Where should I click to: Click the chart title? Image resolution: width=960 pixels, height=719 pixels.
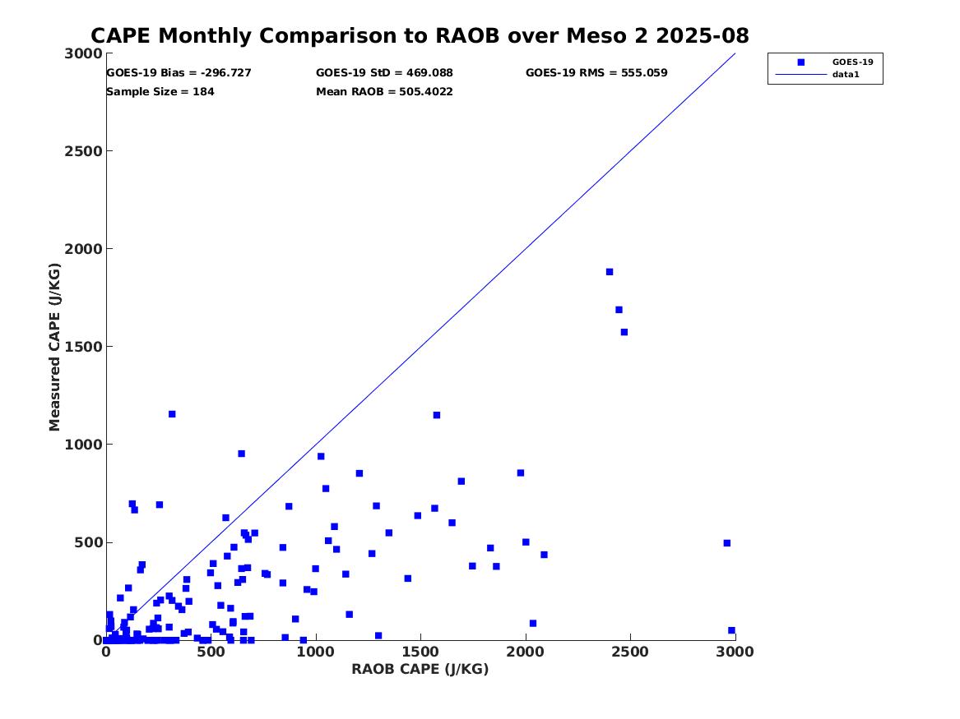(420, 36)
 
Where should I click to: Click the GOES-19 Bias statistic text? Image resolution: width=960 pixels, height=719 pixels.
(179, 73)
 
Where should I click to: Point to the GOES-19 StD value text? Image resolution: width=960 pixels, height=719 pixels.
(384, 73)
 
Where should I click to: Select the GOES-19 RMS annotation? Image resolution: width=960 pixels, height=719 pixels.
(596, 73)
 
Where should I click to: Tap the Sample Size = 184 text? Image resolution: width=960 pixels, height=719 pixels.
(160, 92)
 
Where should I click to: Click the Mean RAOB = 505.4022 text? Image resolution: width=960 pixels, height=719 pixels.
(384, 92)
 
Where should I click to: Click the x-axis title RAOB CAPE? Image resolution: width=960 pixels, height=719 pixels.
(420, 670)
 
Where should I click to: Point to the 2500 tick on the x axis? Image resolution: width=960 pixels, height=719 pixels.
(630, 652)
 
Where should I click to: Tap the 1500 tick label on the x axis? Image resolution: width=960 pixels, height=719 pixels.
(420, 652)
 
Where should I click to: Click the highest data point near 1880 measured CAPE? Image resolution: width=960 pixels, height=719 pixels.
(610, 272)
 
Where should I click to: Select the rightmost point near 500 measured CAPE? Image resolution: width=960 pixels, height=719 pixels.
(727, 543)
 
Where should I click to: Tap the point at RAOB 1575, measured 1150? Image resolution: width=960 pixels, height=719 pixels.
(437, 415)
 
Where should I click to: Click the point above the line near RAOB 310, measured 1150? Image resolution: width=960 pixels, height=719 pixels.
(172, 414)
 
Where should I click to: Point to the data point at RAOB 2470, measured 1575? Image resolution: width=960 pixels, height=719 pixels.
(624, 332)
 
